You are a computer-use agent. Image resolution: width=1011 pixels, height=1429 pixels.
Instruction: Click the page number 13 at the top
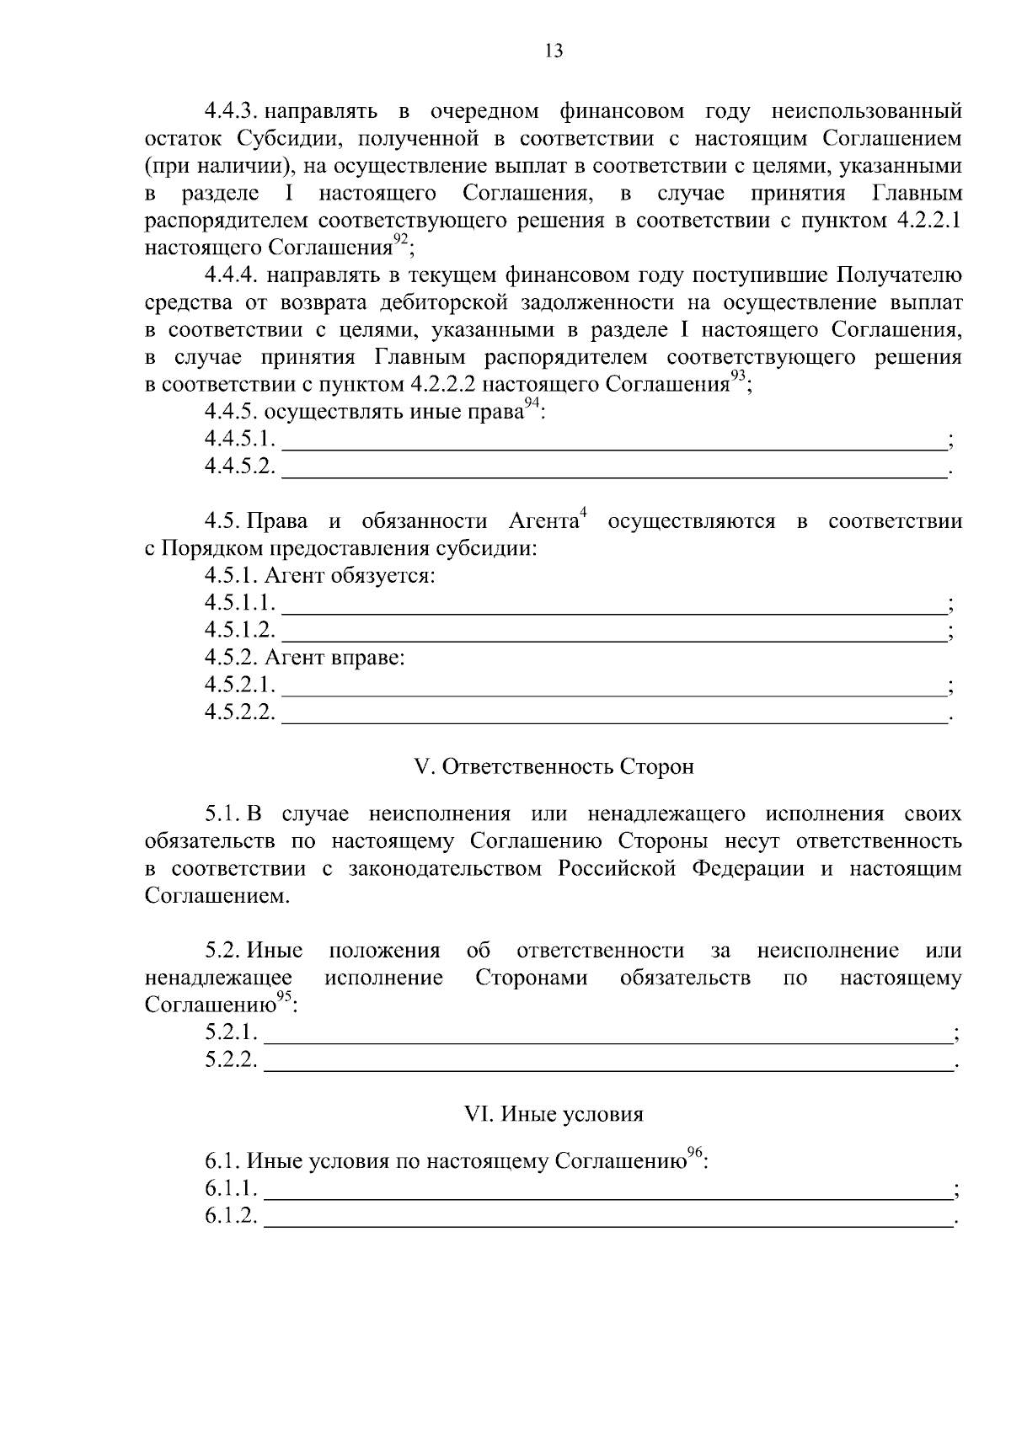click(554, 51)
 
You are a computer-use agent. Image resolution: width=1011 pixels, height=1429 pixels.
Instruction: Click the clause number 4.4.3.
click(230, 111)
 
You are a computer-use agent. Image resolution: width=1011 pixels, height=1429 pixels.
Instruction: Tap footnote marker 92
click(401, 241)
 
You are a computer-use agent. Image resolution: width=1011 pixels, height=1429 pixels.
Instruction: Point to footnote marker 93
click(738, 377)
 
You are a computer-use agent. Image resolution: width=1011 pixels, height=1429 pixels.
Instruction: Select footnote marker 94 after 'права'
click(532, 405)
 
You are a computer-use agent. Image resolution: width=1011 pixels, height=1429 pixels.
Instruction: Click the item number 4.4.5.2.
click(240, 467)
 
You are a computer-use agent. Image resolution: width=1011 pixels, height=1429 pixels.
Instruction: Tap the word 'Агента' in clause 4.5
click(543, 522)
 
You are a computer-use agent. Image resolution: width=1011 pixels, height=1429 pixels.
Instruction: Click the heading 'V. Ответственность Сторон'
click(554, 767)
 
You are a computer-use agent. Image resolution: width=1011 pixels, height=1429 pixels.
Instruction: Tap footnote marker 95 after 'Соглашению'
click(284, 998)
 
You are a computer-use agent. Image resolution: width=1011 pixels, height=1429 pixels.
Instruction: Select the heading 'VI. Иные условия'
click(554, 1114)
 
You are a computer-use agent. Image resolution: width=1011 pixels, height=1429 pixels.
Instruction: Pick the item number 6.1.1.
click(232, 1189)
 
